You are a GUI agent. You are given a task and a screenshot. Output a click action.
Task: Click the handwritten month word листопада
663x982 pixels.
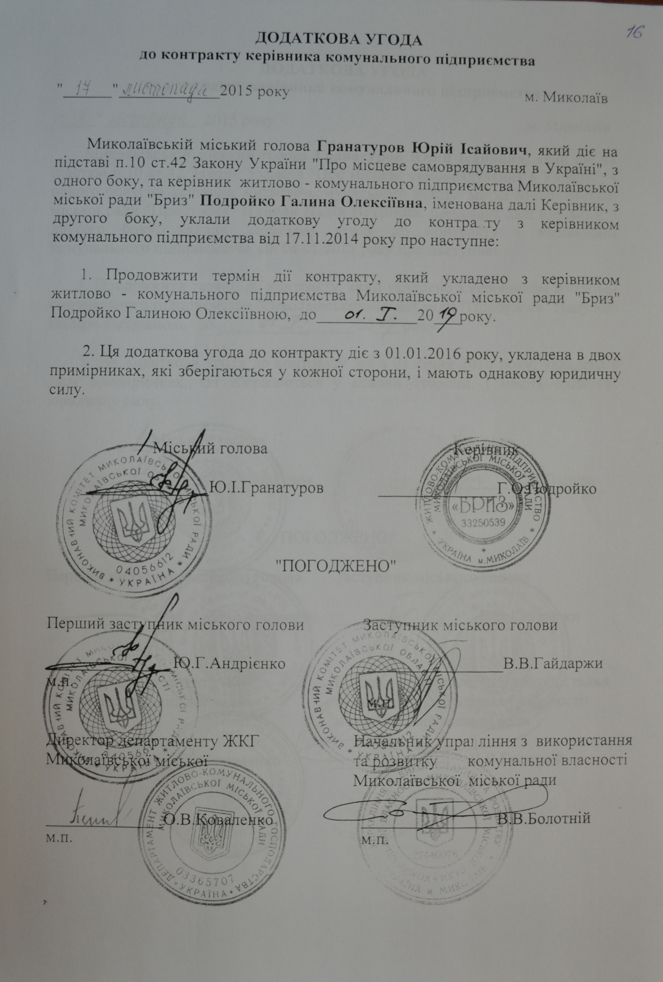point(169,90)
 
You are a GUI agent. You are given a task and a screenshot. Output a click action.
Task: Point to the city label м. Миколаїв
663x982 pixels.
point(566,98)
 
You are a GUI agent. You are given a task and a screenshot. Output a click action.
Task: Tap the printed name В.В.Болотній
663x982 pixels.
point(544,818)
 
